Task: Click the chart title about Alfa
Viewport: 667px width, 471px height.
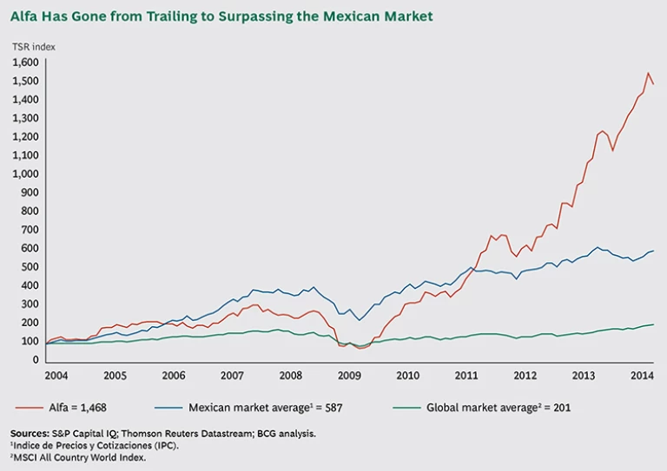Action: pos(221,16)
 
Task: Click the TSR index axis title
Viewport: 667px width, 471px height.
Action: pos(33,47)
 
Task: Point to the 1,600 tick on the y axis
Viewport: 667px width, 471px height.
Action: pos(26,62)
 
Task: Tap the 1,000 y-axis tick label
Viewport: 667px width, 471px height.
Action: pos(26,173)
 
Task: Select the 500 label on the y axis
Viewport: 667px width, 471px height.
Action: pos(31,266)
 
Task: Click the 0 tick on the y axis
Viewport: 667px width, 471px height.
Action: pos(36,359)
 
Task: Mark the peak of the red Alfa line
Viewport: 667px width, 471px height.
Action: pos(647,73)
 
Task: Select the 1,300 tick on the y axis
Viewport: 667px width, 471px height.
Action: pos(26,118)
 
